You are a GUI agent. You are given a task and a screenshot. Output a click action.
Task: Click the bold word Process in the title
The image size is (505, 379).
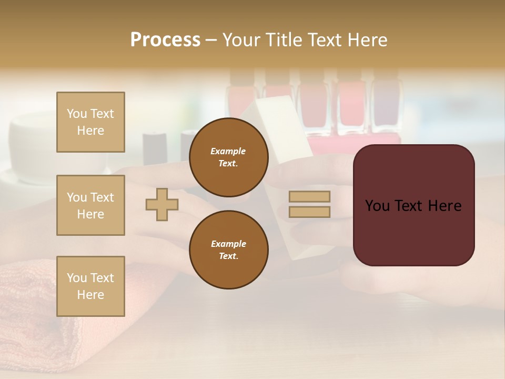pos(165,40)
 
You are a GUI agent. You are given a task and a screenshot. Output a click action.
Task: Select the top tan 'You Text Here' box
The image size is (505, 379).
pos(90,122)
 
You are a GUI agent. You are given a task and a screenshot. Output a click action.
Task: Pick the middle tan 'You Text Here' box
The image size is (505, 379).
pos(90,205)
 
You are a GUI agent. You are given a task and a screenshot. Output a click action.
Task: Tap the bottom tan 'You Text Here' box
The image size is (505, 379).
pos(90,286)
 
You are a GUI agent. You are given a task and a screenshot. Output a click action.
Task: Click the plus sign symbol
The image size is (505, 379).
pos(162,204)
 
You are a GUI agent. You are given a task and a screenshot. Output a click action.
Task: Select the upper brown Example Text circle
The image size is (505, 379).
pos(229,157)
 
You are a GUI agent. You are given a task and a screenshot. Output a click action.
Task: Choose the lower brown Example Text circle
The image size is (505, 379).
pos(229,250)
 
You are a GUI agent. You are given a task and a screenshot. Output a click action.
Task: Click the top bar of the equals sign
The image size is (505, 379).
pos(309,197)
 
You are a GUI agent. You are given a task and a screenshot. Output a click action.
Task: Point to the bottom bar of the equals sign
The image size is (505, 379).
pos(309,212)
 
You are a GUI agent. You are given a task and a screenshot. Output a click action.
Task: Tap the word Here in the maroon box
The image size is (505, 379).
pos(444,206)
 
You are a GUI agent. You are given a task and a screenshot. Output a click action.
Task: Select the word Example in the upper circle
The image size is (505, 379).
pos(228,151)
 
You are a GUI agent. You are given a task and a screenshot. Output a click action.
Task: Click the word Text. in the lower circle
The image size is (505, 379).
pos(228,256)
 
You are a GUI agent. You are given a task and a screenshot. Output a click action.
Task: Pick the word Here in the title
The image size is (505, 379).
pos(365,40)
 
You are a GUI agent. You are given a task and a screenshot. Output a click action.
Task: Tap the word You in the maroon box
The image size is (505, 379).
pos(377,206)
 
